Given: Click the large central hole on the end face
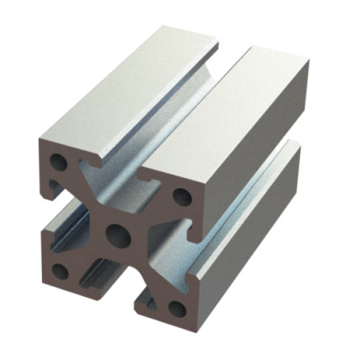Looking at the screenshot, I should point(118,233).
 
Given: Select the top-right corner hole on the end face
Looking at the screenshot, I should point(180,196).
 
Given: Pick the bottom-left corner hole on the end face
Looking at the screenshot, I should point(60,270).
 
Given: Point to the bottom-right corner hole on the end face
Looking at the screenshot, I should point(176,307).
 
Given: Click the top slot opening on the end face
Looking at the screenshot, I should point(120,173).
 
